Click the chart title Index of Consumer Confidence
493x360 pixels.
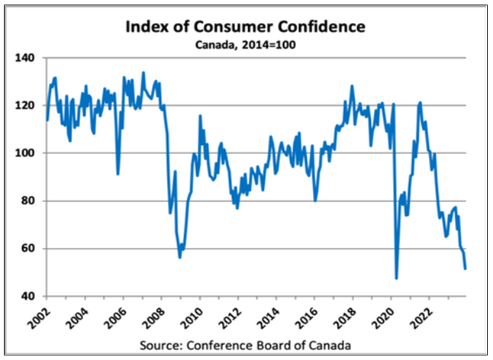point(246,27)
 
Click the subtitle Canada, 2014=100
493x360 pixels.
point(246,45)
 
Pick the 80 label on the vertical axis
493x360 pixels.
point(29,201)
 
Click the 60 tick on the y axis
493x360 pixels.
point(29,249)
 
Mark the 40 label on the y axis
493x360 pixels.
point(29,297)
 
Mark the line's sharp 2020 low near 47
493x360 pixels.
point(397,278)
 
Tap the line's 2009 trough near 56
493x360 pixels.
point(179,257)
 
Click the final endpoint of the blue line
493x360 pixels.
point(466,268)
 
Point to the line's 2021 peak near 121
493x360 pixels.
point(420,102)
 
